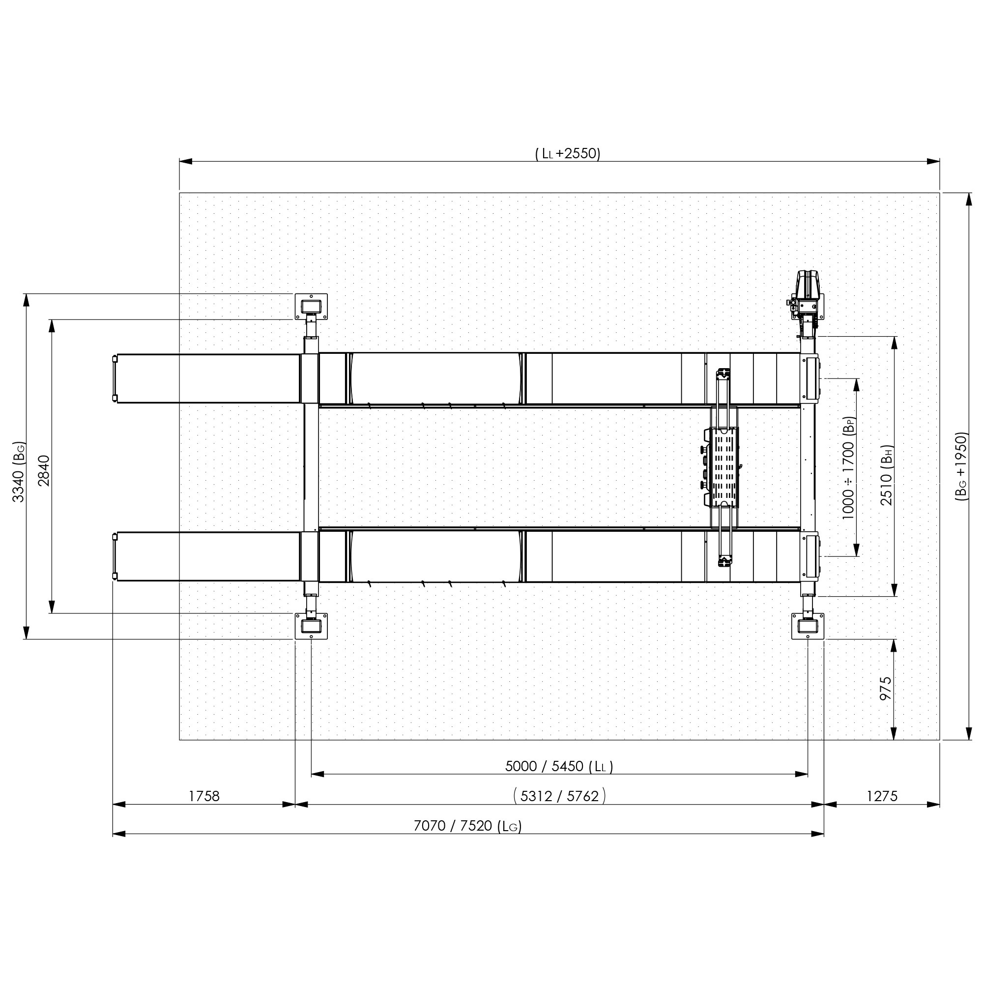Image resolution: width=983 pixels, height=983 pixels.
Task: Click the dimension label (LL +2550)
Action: [568, 153]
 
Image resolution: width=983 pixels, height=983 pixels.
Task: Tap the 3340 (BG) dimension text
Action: [18, 472]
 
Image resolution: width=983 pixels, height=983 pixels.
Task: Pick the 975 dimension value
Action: [886, 689]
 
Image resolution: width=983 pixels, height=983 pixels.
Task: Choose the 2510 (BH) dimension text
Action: [886, 475]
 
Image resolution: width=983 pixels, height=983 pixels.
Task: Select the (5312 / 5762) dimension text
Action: [559, 796]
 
